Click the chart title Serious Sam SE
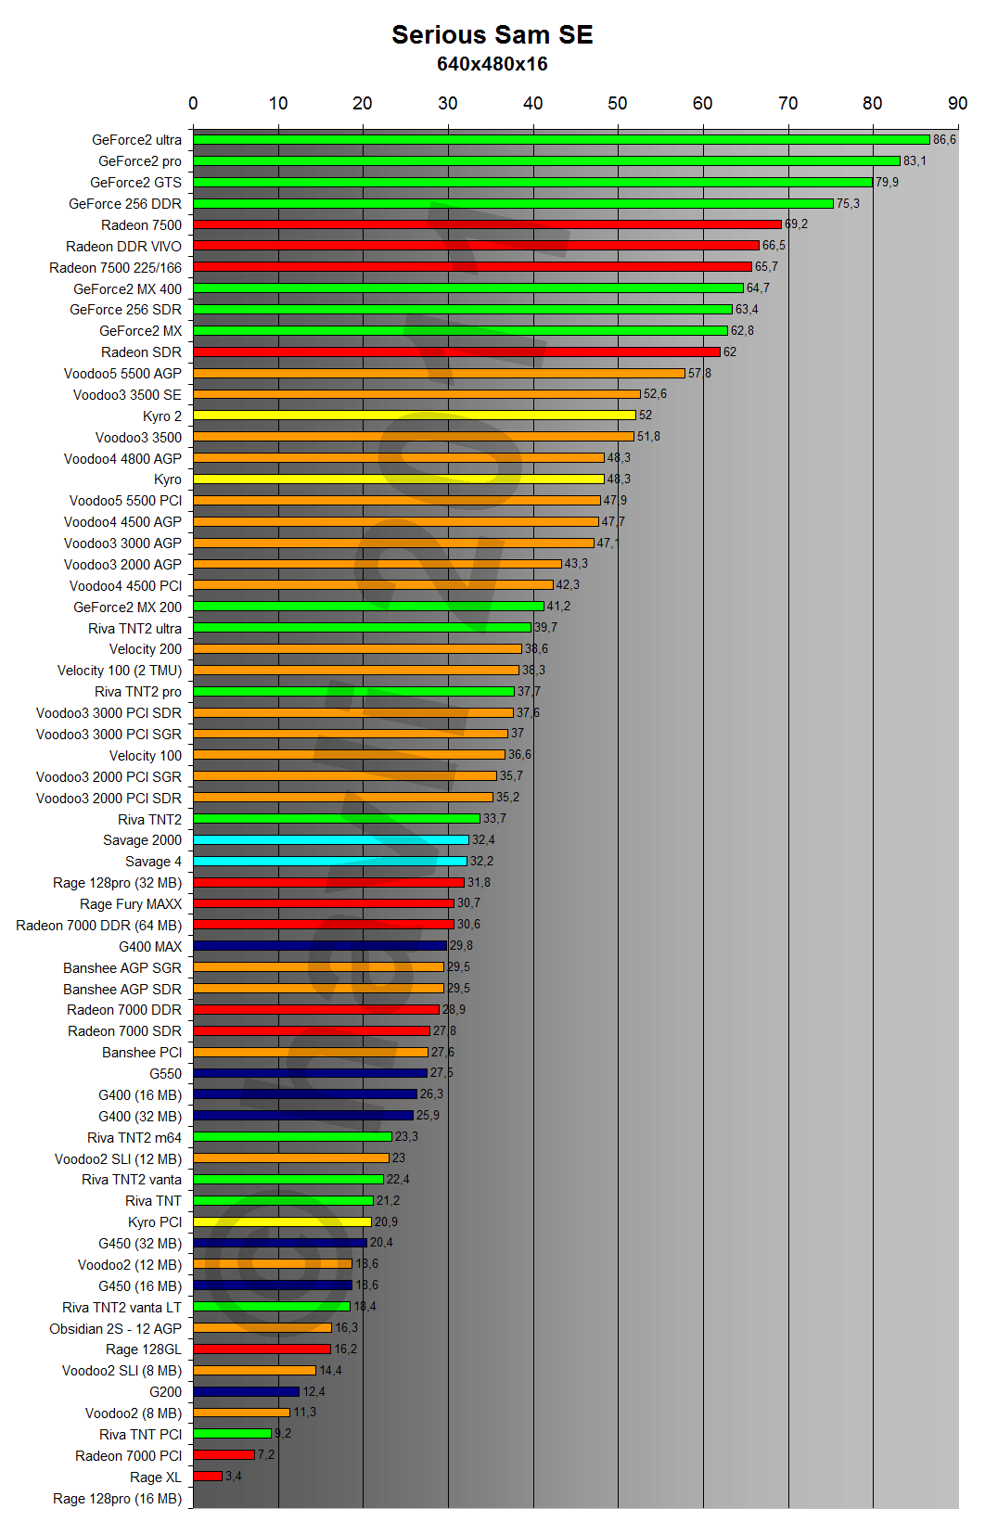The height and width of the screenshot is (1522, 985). click(x=492, y=35)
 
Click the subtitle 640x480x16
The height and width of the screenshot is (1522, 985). click(x=492, y=64)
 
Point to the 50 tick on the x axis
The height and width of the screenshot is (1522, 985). click(x=618, y=103)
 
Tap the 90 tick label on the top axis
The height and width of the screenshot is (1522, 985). click(x=957, y=103)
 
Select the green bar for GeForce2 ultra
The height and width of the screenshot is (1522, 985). click(x=561, y=140)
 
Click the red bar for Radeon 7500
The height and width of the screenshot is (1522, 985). click(x=487, y=224)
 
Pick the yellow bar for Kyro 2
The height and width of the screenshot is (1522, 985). click(x=415, y=416)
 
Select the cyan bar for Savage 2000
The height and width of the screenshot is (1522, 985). click(x=331, y=840)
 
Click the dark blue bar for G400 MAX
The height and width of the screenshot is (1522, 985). click(x=320, y=946)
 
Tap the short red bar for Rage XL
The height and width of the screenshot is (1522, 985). click(x=208, y=1477)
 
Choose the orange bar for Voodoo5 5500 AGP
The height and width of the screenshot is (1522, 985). click(x=439, y=374)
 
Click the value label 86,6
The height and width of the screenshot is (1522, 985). click(x=944, y=140)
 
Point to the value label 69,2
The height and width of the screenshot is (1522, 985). click(x=796, y=224)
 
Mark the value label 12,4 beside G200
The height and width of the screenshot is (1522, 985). click(x=313, y=1392)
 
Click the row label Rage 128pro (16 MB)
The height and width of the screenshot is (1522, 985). click(x=117, y=1499)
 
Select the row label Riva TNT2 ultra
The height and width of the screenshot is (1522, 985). click(x=134, y=629)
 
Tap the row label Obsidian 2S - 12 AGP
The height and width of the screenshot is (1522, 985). click(x=115, y=1329)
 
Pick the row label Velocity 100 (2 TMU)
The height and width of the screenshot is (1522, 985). click(x=119, y=671)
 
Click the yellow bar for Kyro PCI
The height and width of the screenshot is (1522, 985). click(x=282, y=1222)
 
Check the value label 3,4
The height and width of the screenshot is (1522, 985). click(x=233, y=1477)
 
